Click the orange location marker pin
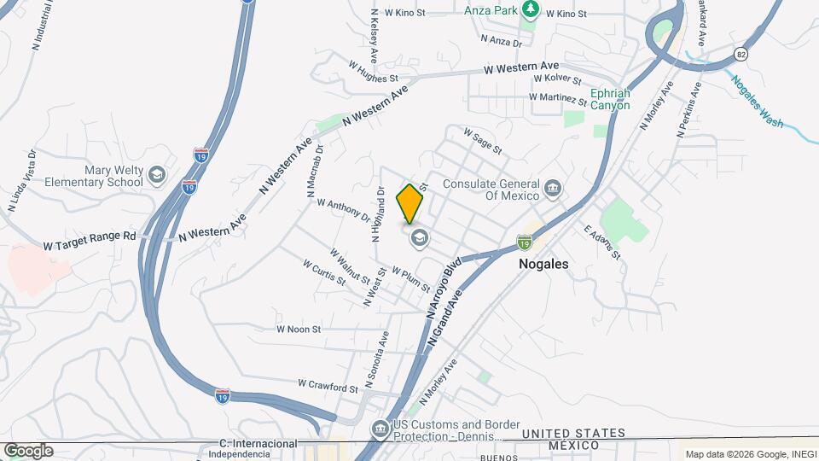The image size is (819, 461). click(x=410, y=203)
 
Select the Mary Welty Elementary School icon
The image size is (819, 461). click(x=156, y=175)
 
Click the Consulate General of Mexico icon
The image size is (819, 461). click(x=553, y=187)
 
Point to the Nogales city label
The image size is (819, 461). click(x=543, y=265)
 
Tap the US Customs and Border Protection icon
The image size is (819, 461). click(x=379, y=428)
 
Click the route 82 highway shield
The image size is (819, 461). click(x=740, y=54)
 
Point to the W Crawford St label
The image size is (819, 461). click(x=328, y=387)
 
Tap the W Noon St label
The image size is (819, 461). click(x=298, y=329)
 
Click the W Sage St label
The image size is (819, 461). click(x=482, y=141)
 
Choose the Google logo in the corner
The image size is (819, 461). click(x=28, y=451)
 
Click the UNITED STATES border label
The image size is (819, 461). click(x=573, y=434)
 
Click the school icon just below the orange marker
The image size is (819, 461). click(x=419, y=238)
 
